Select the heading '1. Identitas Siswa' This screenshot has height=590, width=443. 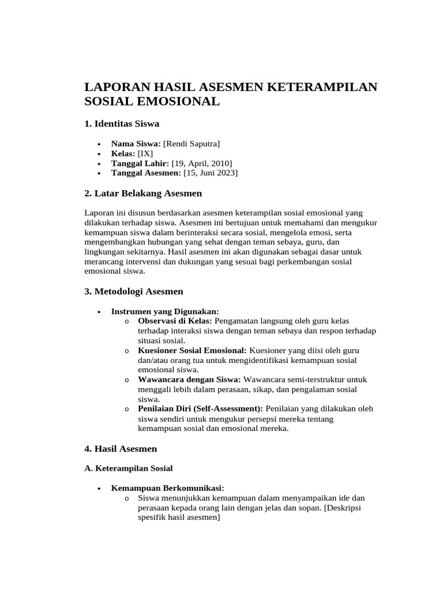pos(122,123)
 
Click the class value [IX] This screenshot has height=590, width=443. pos(145,153)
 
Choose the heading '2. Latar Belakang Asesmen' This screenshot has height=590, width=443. pos(143,193)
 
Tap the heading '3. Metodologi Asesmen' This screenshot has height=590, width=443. pos(134,292)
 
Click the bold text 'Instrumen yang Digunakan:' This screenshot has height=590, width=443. pos(164,311)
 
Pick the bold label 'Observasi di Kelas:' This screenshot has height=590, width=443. pos(175,321)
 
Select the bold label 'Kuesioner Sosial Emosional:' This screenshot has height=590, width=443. pos(192,350)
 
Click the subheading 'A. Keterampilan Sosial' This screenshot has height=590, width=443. pos(129,468)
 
